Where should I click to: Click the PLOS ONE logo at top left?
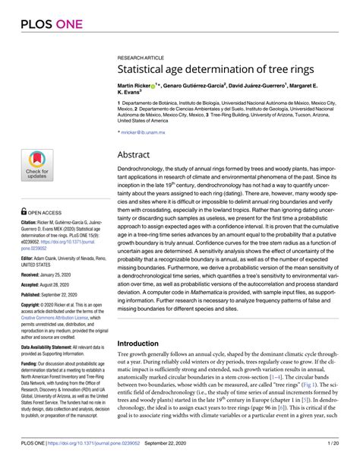pyautogui.click(x=38, y=22)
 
